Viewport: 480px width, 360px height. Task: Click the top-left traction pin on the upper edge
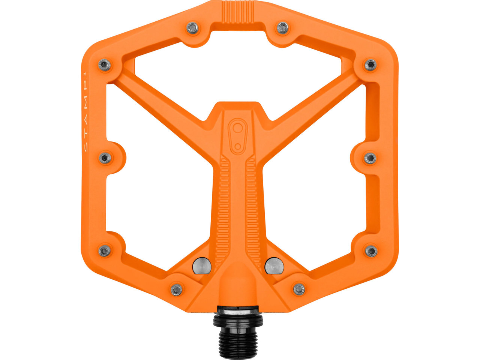tap(193, 28)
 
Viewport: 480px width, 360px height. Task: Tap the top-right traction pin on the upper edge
tap(283, 28)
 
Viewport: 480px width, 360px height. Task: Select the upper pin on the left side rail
tap(105, 64)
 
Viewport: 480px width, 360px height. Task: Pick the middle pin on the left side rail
tap(105, 157)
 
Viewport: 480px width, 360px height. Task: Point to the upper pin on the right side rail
tap(370, 64)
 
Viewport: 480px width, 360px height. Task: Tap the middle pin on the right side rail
tap(370, 158)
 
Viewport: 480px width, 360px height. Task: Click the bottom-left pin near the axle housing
tap(177, 289)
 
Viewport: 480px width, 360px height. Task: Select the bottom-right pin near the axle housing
tap(299, 289)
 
